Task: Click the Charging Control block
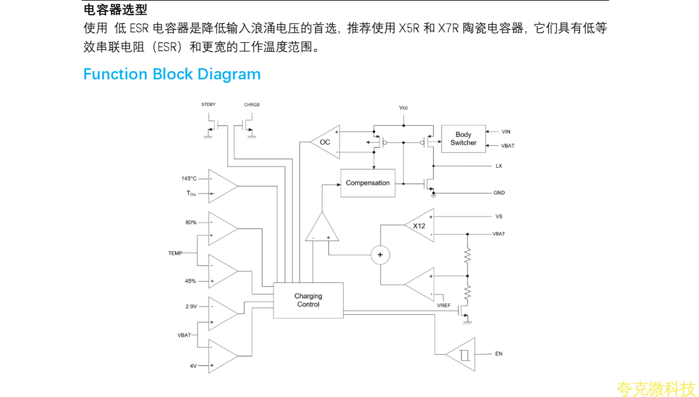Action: click(x=308, y=301)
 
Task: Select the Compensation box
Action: click(x=368, y=183)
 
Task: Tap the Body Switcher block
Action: click(x=463, y=139)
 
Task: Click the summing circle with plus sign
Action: click(x=380, y=254)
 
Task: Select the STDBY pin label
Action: click(x=209, y=105)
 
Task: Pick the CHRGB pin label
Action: click(x=252, y=105)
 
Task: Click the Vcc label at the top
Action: click(x=404, y=108)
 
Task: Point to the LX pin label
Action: click(x=499, y=166)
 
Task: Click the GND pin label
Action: click(x=499, y=193)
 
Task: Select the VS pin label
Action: click(x=499, y=216)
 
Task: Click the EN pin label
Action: click(x=499, y=353)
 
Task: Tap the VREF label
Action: click(x=443, y=306)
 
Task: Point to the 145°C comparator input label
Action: click(x=189, y=178)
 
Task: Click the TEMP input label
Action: click(x=175, y=253)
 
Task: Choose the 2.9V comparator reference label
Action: click(x=191, y=306)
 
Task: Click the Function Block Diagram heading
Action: click(x=172, y=74)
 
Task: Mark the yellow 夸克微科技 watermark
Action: click(x=656, y=389)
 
